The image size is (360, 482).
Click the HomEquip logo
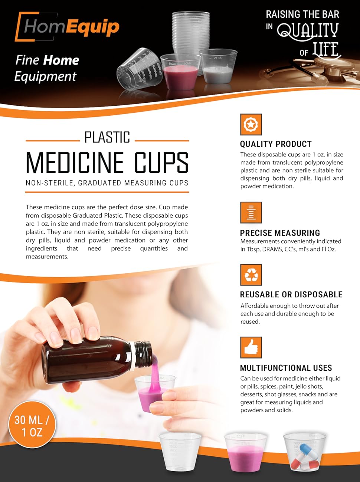pyautogui.click(x=67, y=27)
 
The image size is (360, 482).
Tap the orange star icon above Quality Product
pyautogui.click(x=251, y=124)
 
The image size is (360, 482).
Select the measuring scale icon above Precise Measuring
pyautogui.click(x=251, y=212)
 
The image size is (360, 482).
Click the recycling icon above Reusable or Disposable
pyautogui.click(x=251, y=275)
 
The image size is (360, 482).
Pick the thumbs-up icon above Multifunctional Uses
pyautogui.click(x=251, y=347)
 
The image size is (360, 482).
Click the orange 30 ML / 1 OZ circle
pyautogui.click(x=32, y=425)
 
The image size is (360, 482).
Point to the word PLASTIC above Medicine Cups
pyautogui.click(x=107, y=138)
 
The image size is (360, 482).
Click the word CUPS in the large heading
pyautogui.click(x=161, y=163)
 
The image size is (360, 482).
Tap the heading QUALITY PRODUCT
pyautogui.click(x=276, y=144)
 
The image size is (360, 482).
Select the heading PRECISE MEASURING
pyautogui.click(x=280, y=233)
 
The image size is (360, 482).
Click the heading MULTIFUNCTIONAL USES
pyautogui.click(x=286, y=368)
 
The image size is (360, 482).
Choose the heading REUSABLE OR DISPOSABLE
pyautogui.click(x=291, y=294)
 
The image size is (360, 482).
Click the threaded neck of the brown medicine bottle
pyautogui.click(x=143, y=354)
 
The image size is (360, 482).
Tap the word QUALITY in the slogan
pyautogui.click(x=308, y=31)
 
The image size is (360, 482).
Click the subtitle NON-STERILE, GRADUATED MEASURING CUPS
pyautogui.click(x=107, y=183)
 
